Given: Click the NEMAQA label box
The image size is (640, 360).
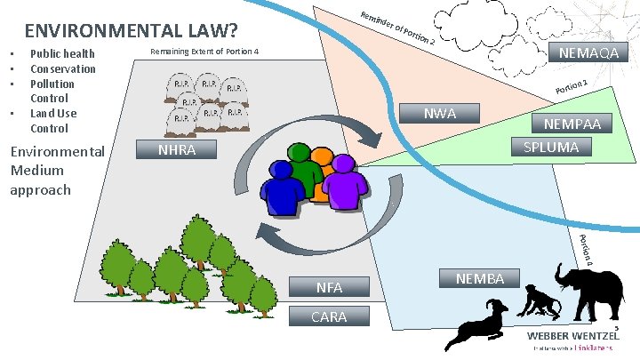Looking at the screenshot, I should point(588,54).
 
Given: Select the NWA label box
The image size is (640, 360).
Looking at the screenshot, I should point(440,113).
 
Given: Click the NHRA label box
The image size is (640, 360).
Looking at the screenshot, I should point(176,150).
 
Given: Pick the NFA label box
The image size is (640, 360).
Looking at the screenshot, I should point(329,286).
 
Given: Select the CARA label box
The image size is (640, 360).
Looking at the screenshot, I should point(329,316).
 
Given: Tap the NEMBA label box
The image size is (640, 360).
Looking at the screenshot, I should point(480,278).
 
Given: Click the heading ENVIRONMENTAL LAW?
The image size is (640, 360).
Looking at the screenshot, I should point(131,32).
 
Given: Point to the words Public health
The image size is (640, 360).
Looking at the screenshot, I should point(62,54).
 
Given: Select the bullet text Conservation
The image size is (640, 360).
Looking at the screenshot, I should point(63,69).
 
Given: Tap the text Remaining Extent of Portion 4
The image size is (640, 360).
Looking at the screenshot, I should point(204,52).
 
